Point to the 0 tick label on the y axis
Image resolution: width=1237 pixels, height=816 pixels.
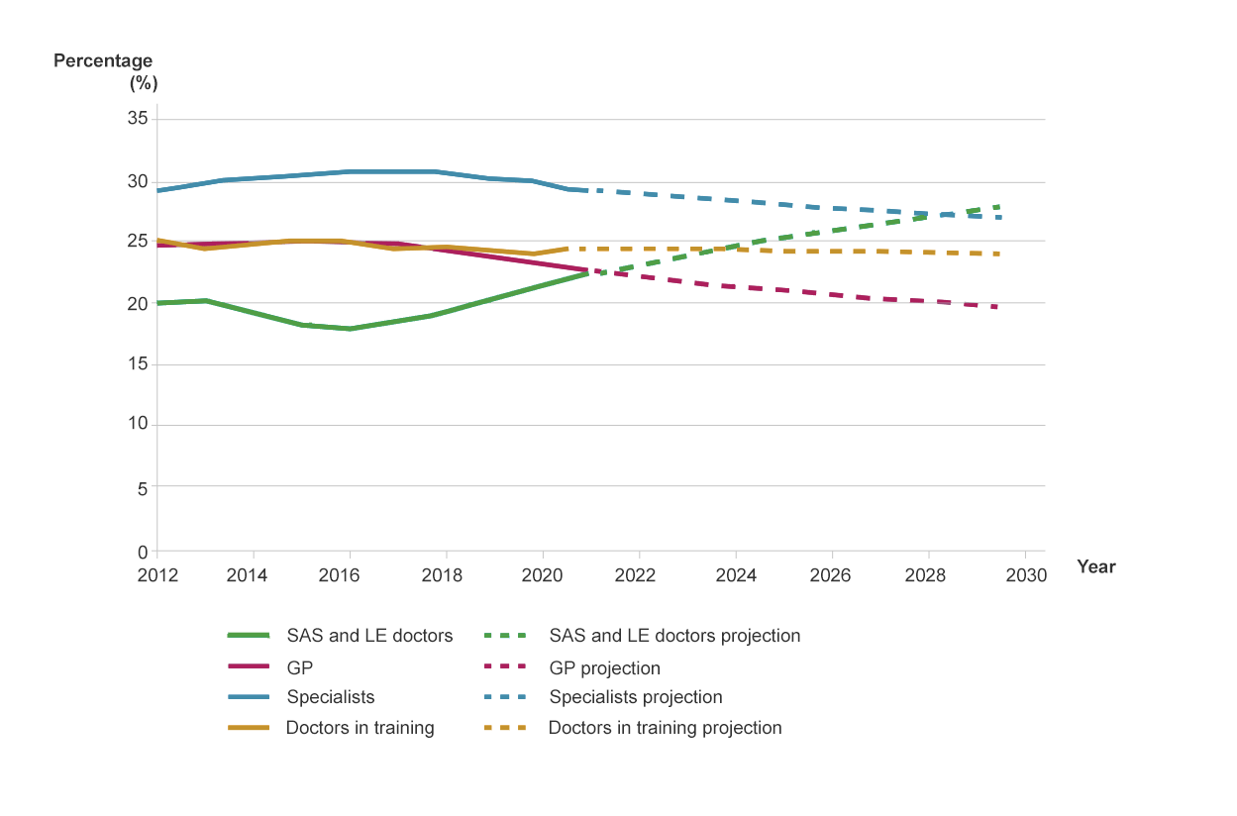pos(143,552)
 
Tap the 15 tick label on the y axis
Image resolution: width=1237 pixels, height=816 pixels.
pos(137,364)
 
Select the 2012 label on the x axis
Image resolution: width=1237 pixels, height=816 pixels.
pos(157,576)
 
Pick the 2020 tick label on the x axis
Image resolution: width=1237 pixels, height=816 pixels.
pos(543,576)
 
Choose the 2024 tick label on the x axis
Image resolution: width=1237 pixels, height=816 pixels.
pos(736,576)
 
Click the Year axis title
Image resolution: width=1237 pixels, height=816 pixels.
pos(1096,567)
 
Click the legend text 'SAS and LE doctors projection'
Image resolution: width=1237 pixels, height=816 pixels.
pos(674,636)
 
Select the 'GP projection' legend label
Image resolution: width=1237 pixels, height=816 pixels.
pos(604,668)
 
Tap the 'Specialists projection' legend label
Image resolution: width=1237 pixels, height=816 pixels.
pos(636,697)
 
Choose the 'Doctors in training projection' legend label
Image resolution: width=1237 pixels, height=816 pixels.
pos(665,728)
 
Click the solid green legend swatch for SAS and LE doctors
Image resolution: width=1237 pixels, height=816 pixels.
pos(248,636)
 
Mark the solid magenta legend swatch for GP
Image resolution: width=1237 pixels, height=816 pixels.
pos(248,668)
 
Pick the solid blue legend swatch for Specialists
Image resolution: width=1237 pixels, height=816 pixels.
pos(248,697)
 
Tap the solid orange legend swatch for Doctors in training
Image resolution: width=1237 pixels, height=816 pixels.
pos(248,728)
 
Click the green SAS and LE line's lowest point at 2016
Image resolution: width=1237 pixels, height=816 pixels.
pos(350,329)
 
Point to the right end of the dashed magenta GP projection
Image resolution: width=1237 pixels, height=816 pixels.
pos(995,307)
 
